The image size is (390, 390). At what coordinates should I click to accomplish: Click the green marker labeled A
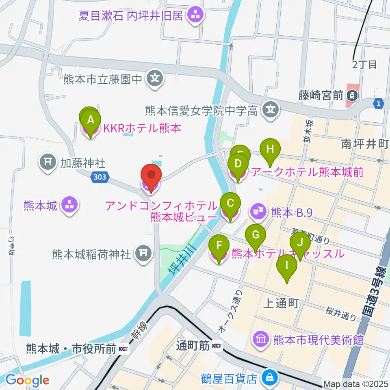[91, 120]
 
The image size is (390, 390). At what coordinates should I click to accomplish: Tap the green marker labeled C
[230, 203]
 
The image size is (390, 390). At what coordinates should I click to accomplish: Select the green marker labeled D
[238, 164]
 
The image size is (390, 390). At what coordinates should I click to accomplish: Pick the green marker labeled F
[219, 245]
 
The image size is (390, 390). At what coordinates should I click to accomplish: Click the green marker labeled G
[256, 235]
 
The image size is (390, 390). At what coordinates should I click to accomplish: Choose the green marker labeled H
[270, 149]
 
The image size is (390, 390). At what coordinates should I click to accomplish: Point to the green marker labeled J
[300, 243]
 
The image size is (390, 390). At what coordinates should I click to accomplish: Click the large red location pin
[151, 176]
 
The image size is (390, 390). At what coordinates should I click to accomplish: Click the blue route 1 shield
[379, 104]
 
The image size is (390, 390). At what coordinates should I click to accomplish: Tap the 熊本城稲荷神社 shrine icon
[142, 254]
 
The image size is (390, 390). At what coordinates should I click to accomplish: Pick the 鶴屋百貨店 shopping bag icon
[269, 378]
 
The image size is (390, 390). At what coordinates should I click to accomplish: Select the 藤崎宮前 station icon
[351, 96]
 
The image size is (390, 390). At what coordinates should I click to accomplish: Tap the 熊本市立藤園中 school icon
[155, 78]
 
